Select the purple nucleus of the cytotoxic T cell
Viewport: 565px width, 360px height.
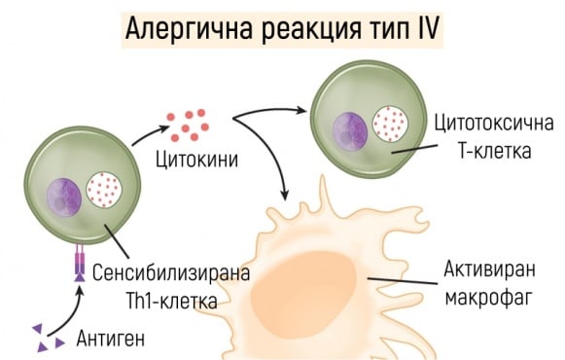350,128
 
